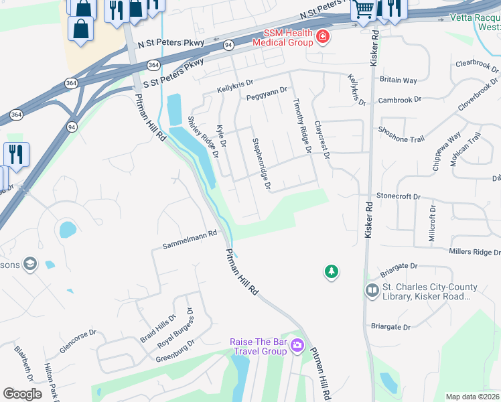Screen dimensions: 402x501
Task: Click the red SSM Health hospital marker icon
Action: pos(323,36)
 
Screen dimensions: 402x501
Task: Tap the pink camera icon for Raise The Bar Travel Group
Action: pos(297,346)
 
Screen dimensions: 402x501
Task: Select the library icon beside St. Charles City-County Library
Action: pos(372,291)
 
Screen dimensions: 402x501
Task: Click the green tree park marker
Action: pos(331,271)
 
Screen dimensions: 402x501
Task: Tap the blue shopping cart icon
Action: pos(363,9)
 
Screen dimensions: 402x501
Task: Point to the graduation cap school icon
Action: pos(29,264)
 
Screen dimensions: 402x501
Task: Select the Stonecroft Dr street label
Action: pos(398,197)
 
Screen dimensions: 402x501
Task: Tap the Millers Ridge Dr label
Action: pos(474,251)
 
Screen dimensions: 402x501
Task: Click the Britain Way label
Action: pos(399,79)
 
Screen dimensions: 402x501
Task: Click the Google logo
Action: pos(22,394)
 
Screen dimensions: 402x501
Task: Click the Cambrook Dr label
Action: pos(399,99)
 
